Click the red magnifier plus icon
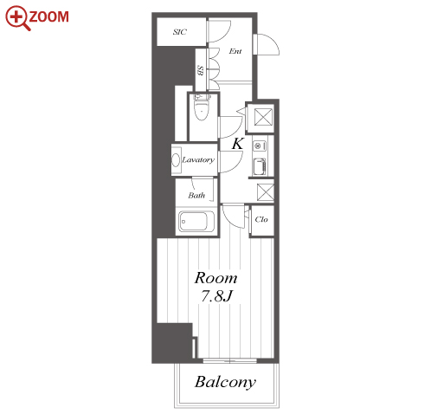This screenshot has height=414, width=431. (17, 18)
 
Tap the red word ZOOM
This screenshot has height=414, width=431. (49, 16)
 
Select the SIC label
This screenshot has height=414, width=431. (180, 32)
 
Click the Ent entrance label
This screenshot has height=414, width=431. (235, 51)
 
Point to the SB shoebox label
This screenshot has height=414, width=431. (200, 70)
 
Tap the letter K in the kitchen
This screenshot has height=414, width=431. (238, 144)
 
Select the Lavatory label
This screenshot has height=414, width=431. (198, 159)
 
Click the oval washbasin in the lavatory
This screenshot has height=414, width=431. (176, 159)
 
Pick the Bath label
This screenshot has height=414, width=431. (196, 196)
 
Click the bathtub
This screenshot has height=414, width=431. (196, 222)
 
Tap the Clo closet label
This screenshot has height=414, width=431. (261, 219)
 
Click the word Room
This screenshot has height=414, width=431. (215, 278)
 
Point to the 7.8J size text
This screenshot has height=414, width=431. (216, 295)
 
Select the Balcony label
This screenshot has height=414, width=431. (225, 382)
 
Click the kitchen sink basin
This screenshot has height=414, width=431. (260, 167)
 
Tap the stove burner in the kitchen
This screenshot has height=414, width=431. (258, 146)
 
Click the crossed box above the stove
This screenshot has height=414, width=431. (263, 117)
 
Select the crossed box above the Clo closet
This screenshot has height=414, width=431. (265, 192)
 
